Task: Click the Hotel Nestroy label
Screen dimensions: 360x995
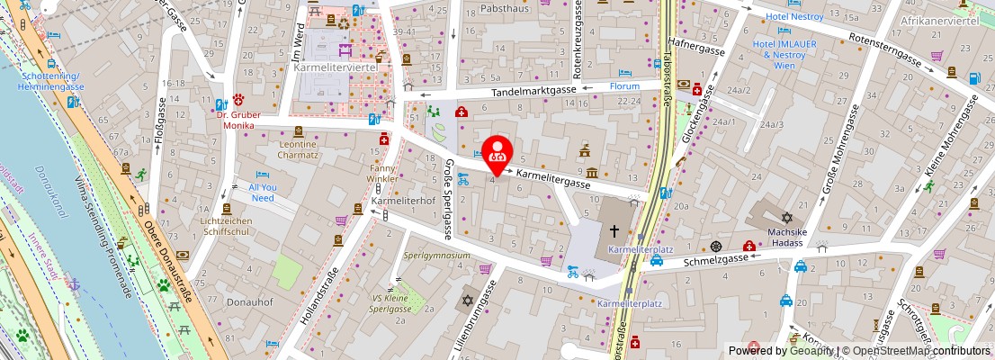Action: coord(795,17)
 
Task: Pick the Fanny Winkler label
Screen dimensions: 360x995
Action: coord(381,174)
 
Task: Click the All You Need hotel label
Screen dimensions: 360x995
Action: coord(262,192)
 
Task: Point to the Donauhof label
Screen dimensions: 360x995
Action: coord(249,302)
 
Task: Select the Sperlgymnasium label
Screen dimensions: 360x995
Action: coord(436,256)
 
